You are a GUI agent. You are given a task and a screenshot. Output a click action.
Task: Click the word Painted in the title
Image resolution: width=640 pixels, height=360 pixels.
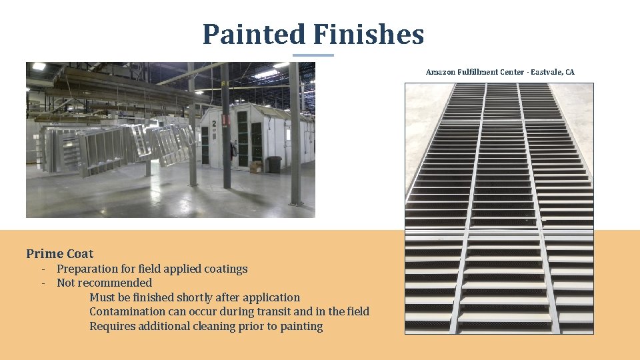coord(253,34)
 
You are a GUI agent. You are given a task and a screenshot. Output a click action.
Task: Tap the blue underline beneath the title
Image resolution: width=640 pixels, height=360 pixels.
coord(313,55)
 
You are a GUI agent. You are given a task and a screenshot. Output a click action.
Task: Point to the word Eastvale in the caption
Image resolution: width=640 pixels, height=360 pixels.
coord(545,72)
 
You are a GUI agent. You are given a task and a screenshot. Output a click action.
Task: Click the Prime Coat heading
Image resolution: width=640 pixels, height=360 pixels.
coord(60,253)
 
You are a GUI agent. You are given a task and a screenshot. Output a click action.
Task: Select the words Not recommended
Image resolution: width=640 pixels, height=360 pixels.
coord(104,283)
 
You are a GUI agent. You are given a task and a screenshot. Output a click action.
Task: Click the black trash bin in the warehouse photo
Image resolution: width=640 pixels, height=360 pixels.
coord(273,165)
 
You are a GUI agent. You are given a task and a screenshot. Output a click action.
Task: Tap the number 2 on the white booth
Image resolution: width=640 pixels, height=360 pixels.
coord(214,123)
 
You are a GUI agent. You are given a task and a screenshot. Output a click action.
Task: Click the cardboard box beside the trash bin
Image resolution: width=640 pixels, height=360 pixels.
coord(256,166)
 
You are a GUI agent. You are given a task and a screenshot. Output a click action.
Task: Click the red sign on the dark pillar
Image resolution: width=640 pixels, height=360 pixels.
coord(226,120)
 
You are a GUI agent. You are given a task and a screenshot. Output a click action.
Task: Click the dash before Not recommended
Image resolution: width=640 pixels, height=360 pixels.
coord(43,283)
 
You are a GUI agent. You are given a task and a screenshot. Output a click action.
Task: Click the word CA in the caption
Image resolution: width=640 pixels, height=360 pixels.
coord(569,72)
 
